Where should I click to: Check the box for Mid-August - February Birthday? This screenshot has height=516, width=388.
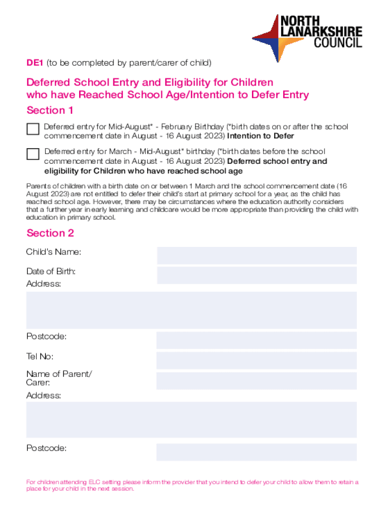pyautogui.click(x=33, y=129)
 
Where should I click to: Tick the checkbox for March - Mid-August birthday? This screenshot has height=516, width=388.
pyautogui.click(x=33, y=154)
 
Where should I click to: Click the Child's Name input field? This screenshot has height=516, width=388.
pyautogui.click(x=256, y=255)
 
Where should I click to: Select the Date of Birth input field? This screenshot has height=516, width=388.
pyautogui.click(x=256, y=275)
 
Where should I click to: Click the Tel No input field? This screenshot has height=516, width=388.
pyautogui.click(x=256, y=360)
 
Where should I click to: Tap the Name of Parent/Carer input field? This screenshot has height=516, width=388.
pyautogui.click(x=256, y=381)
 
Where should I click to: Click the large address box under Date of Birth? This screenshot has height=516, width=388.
pyautogui.click(x=191, y=310)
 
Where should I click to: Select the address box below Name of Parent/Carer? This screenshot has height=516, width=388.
pyautogui.click(x=191, y=420)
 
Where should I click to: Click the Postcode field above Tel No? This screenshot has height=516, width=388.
pyautogui.click(x=256, y=340)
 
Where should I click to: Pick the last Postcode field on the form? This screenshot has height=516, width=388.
pyautogui.click(x=256, y=452)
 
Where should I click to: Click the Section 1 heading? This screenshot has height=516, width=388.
pyautogui.click(x=50, y=110)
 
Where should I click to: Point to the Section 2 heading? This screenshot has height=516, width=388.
pyautogui.click(x=50, y=233)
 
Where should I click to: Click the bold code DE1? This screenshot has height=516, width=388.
pyautogui.click(x=35, y=63)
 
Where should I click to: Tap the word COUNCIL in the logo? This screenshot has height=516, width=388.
pyautogui.click(x=338, y=43)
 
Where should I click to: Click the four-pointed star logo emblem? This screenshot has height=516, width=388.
pyautogui.click(x=273, y=38)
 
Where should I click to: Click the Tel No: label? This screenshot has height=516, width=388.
pyautogui.click(x=40, y=357)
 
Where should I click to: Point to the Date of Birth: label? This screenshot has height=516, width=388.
pyautogui.click(x=51, y=272)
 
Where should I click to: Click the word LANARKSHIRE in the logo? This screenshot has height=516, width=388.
pyautogui.click(x=321, y=31)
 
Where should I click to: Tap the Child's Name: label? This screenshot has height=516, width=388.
pyautogui.click(x=53, y=252)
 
